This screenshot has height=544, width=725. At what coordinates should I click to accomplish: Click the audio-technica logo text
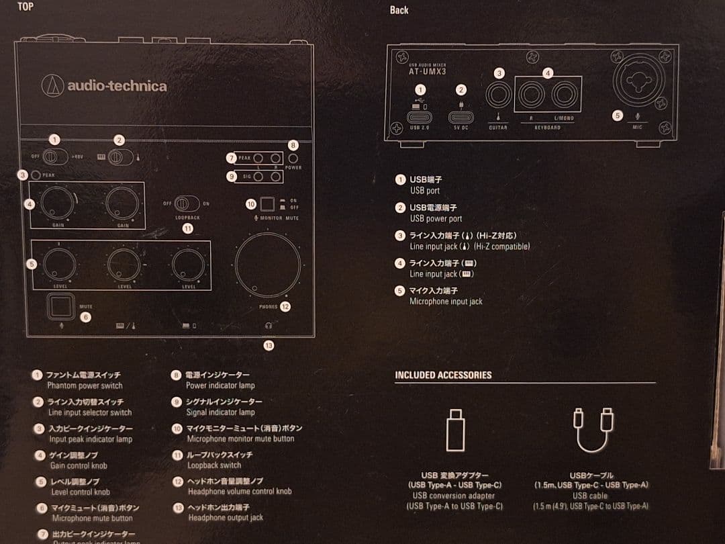(116, 86)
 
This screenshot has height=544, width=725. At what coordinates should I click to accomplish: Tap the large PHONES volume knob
(268, 265)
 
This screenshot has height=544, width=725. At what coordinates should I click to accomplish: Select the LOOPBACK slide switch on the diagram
(187, 203)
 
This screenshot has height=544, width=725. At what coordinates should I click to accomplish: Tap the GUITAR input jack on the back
(498, 95)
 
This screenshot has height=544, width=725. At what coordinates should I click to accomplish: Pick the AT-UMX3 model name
(428, 71)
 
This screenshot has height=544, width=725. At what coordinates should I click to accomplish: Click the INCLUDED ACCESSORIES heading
(443, 375)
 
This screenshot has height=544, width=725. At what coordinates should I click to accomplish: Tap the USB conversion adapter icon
(455, 430)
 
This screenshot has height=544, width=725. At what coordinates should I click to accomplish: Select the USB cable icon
(593, 430)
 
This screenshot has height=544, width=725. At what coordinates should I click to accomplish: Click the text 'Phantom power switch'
(85, 386)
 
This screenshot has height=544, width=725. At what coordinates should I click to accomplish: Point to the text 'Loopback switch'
(214, 465)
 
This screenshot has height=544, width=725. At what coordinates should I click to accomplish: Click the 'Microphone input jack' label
(446, 302)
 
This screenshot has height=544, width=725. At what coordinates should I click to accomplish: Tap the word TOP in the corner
(26, 7)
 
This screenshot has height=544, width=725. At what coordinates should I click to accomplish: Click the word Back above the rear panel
(399, 10)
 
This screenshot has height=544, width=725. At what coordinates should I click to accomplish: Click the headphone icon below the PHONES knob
(269, 325)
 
